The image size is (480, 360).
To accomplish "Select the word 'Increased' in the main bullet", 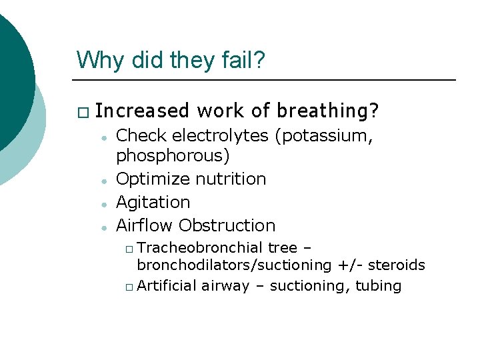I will (x=141, y=109).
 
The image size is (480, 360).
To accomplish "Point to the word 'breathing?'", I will (x=328, y=109).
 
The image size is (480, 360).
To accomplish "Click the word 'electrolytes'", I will (x=221, y=136).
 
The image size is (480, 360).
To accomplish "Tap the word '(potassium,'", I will (x=323, y=136).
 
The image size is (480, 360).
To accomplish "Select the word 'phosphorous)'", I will (x=173, y=156).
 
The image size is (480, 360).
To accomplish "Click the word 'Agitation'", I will (x=153, y=202).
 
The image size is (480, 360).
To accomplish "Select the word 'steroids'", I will (x=396, y=265).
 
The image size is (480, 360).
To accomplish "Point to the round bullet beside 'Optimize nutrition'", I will (x=105, y=181).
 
